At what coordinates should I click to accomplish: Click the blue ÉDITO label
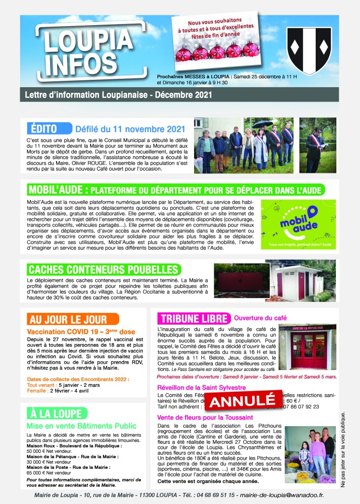click(x=48, y=129)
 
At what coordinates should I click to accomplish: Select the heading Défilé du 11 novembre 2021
click(x=130, y=129)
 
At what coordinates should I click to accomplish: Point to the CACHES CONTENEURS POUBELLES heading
click(x=103, y=269)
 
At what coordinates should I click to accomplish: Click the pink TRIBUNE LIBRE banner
click(x=193, y=318)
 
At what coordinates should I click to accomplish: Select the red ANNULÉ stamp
click(x=242, y=400)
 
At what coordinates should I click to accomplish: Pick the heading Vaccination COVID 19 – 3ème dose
click(x=81, y=332)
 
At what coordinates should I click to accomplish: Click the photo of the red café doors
click(x=307, y=347)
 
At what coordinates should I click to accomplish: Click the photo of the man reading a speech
click(x=317, y=145)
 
